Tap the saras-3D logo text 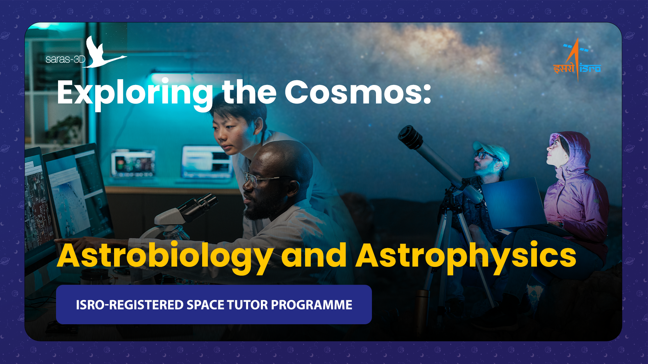pyautogui.click(x=65, y=59)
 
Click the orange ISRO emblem pyautogui.click(x=577, y=60)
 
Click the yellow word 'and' pyautogui.click(x=314, y=255)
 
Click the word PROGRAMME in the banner pyautogui.click(x=312, y=305)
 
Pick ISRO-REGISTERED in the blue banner pyautogui.click(x=130, y=305)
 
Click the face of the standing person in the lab pyautogui.click(x=228, y=133)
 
